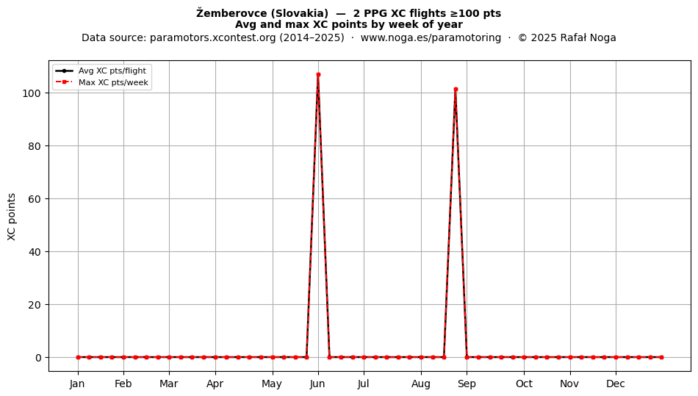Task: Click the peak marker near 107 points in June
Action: [318, 75]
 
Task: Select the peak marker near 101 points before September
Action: [456, 90]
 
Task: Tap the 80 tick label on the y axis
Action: [37, 146]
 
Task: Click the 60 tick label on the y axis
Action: [37, 199]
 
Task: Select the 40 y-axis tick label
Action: [37, 252]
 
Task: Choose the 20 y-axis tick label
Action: [37, 305]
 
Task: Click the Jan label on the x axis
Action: [78, 384]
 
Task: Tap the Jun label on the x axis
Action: [318, 384]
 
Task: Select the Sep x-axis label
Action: [467, 384]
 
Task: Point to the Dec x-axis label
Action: [616, 384]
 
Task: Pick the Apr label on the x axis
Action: [215, 384]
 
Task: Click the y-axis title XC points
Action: [12, 217]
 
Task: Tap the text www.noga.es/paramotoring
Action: [431, 37]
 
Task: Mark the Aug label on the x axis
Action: [421, 384]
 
